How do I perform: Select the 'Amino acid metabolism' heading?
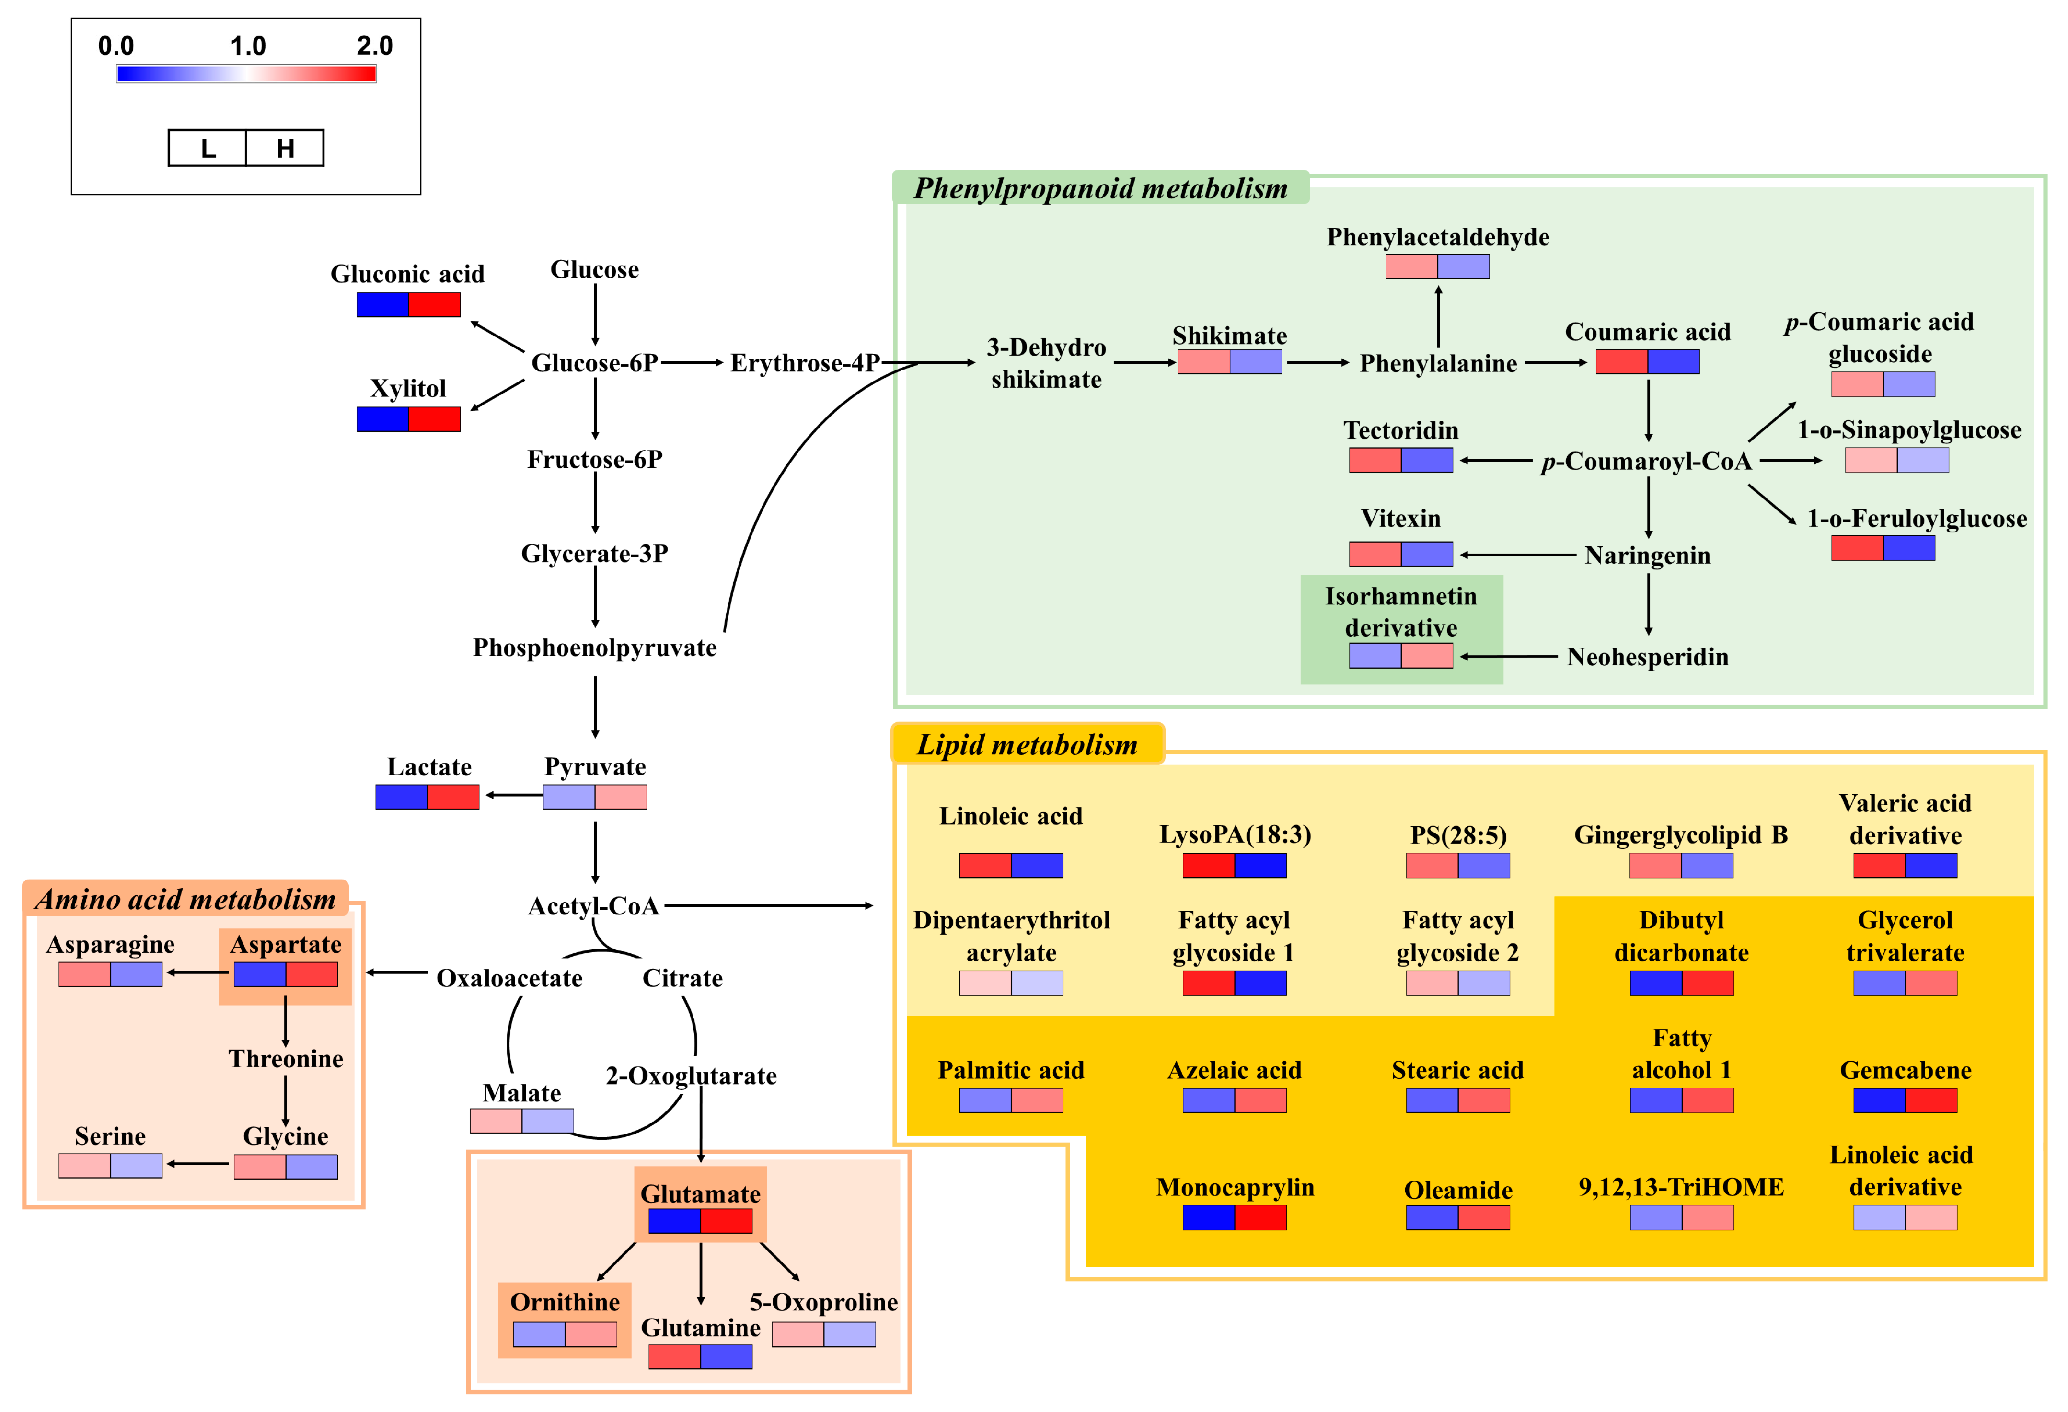coord(185,900)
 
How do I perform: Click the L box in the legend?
coord(208,148)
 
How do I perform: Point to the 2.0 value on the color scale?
coord(375,46)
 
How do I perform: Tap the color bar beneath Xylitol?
coord(408,419)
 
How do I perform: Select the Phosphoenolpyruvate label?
coord(594,648)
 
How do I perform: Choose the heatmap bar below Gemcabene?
coord(1905,1100)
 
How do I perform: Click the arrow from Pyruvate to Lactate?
coord(513,796)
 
